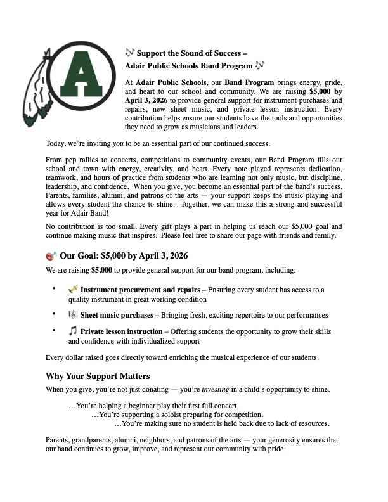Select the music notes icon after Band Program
pos(259,65)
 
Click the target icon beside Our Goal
pos(52,256)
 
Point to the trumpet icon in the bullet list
pos(73,289)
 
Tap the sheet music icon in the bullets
pos(73,314)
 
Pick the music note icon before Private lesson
pos(73,331)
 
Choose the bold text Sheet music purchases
pos(117,315)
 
